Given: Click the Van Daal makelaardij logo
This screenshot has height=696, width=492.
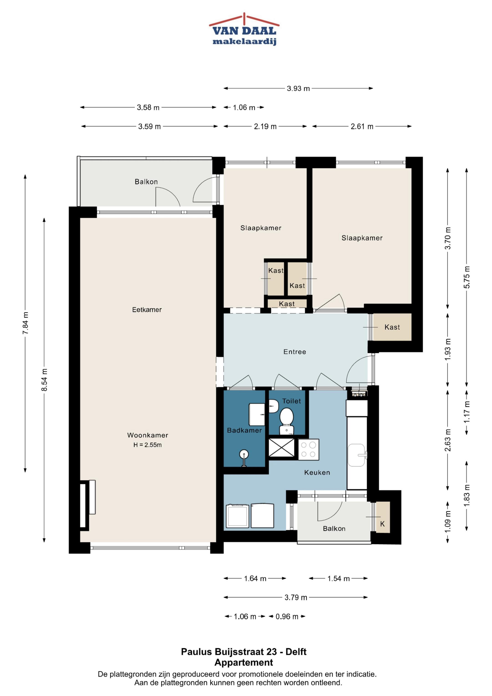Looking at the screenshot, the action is click(x=244, y=29).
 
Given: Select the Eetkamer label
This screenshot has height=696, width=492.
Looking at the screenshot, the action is click(x=147, y=310).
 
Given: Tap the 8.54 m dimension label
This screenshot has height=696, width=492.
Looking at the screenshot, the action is click(x=44, y=380).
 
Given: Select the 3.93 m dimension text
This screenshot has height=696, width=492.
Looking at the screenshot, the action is click(x=298, y=89).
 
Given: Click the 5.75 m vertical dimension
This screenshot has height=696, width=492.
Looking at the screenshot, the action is click(x=467, y=277).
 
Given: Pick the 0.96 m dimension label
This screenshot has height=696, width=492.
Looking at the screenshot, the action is click(x=287, y=616).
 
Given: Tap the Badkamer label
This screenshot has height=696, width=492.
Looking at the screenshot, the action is click(x=244, y=430).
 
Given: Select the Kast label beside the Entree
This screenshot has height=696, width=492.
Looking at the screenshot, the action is click(x=392, y=327).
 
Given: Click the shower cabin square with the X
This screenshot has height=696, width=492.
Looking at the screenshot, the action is click(x=282, y=447).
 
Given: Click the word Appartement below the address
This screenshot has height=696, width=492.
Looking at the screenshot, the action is click(x=244, y=663).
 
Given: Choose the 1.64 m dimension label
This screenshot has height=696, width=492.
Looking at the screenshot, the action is click(x=255, y=579).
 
